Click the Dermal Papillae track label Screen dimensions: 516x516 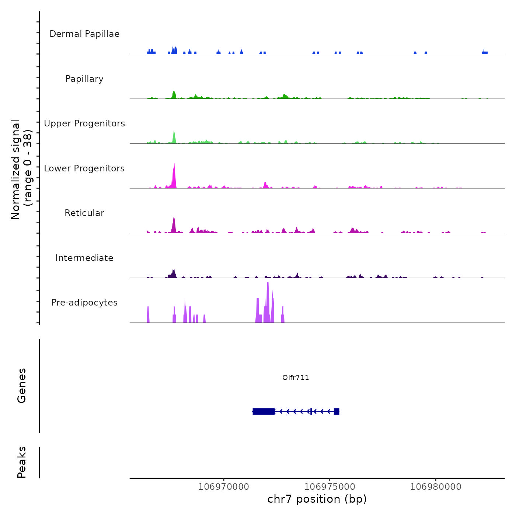pyautogui.click(x=84, y=34)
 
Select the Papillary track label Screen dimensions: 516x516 pyautogui.click(x=84, y=79)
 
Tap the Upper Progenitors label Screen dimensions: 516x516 pyautogui.click(x=84, y=123)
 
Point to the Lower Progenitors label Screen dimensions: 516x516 pyautogui.click(x=84, y=168)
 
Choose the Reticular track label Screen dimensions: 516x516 pyautogui.click(x=84, y=213)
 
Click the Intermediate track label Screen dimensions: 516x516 pyautogui.click(x=84, y=258)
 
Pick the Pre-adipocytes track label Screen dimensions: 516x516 pyautogui.click(x=84, y=303)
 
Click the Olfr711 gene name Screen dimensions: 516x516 pyautogui.click(x=296, y=377)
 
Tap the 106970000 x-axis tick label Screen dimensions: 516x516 pyautogui.click(x=224, y=487)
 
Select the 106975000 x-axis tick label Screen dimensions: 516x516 pyautogui.click(x=330, y=487)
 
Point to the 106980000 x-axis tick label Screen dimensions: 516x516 pyautogui.click(x=436, y=487)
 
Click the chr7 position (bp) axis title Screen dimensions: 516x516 pyautogui.click(x=317, y=499)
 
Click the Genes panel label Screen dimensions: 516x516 pyautogui.click(x=22, y=386)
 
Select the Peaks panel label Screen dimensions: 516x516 pyautogui.click(x=22, y=462)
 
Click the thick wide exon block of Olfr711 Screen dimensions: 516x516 pyautogui.click(x=264, y=411)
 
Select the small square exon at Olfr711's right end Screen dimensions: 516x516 pyautogui.click(x=337, y=411)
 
